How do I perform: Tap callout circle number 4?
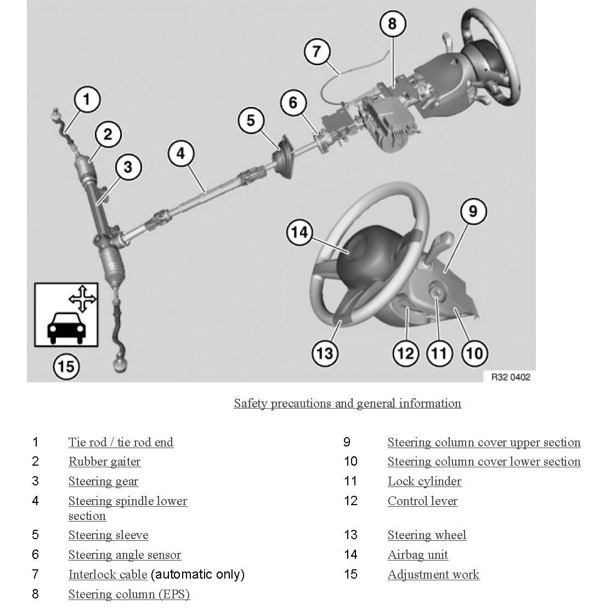pyautogui.click(x=181, y=153)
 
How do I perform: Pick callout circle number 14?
pyautogui.click(x=299, y=233)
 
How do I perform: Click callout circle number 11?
pyautogui.click(x=439, y=353)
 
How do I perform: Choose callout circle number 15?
pyautogui.click(x=66, y=366)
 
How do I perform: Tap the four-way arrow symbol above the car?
pyautogui.click(x=82, y=298)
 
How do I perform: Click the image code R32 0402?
pyautogui.click(x=511, y=377)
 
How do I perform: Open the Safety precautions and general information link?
pyautogui.click(x=347, y=404)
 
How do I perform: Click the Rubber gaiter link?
pyautogui.click(x=104, y=462)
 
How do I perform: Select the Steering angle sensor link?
pyautogui.click(x=125, y=555)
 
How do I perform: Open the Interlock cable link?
pyautogui.click(x=108, y=575)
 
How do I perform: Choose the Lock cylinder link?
pyautogui.click(x=424, y=482)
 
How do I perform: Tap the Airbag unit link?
pyautogui.click(x=417, y=555)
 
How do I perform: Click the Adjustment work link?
pyautogui.click(x=433, y=575)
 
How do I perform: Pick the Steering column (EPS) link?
pyautogui.click(x=129, y=595)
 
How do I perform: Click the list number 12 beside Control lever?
pyautogui.click(x=350, y=501)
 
